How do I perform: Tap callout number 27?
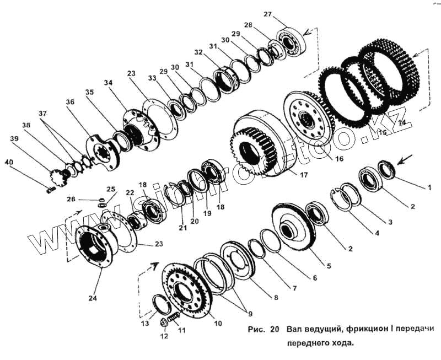pyautogui.click(x=268, y=14)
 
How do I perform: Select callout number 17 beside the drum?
pyautogui.click(x=304, y=175)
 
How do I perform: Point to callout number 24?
pyautogui.click(x=93, y=298)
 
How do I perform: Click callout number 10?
pyautogui.click(x=218, y=324)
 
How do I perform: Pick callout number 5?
pyautogui.click(x=329, y=266)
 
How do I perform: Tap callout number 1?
pyautogui.click(x=429, y=187)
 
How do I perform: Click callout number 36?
pyautogui.click(x=70, y=102)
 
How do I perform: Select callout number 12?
pyautogui.click(x=164, y=336)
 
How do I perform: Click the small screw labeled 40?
pyautogui.click(x=51, y=190)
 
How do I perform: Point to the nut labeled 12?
pyautogui.click(x=164, y=323)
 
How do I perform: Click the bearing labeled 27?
pyautogui.click(x=291, y=42)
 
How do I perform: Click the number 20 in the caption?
pyautogui.click(x=274, y=329)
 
